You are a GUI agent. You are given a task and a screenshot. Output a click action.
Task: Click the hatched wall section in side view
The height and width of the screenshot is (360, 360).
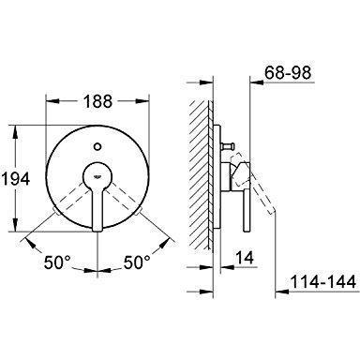pos(200,169)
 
